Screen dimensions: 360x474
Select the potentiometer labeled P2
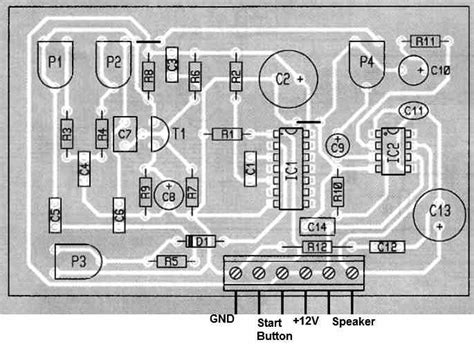coord(113,62)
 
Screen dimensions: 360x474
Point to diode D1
coord(199,241)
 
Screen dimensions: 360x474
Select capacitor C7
coord(125,133)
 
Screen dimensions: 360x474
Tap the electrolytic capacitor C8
coord(169,196)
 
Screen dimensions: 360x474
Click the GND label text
coord(223,321)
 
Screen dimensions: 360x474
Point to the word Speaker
coord(353,321)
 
